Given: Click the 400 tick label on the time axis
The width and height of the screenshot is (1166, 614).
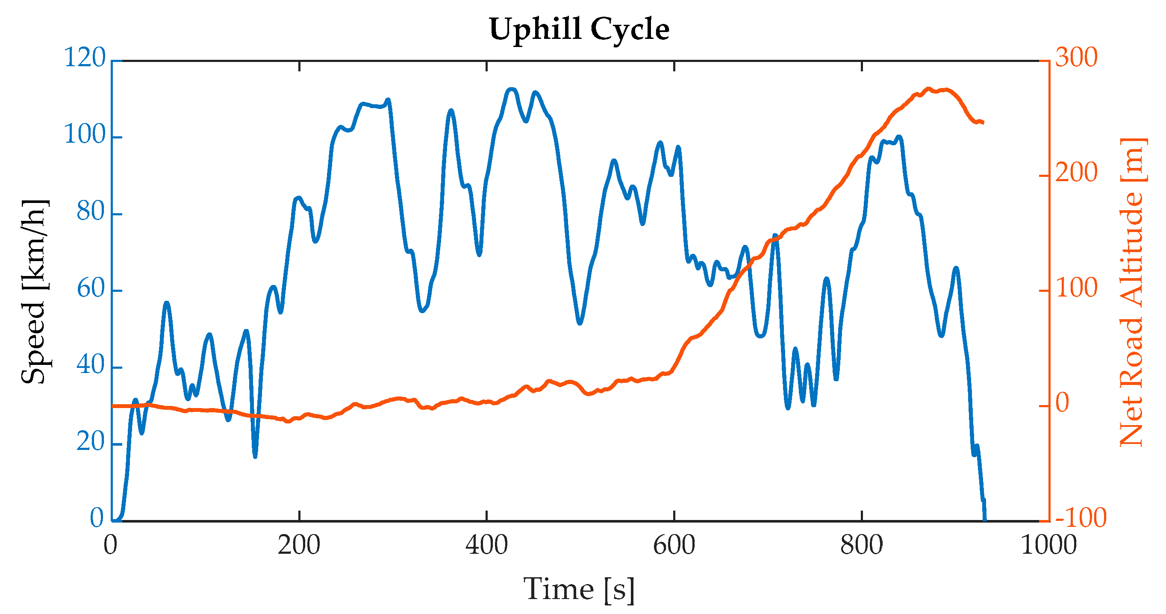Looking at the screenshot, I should [486, 545].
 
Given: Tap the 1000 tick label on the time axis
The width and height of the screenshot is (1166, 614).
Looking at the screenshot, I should [1049, 545].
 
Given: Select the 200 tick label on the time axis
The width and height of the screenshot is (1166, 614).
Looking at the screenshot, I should [299, 545].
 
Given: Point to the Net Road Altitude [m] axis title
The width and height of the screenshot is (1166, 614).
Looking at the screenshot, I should [1132, 292].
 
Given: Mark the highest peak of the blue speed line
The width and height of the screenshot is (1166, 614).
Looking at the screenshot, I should [511, 89].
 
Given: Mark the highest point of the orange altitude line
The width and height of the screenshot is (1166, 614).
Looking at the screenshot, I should [928, 89].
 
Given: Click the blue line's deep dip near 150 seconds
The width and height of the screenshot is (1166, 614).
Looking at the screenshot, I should [255, 456].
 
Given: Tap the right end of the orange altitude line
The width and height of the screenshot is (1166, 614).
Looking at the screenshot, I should [983, 122].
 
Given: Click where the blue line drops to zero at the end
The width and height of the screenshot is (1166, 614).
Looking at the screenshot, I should [985, 520].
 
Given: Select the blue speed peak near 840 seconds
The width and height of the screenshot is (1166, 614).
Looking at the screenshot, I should [898, 136].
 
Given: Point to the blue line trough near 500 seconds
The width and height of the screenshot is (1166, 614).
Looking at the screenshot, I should [580, 323].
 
